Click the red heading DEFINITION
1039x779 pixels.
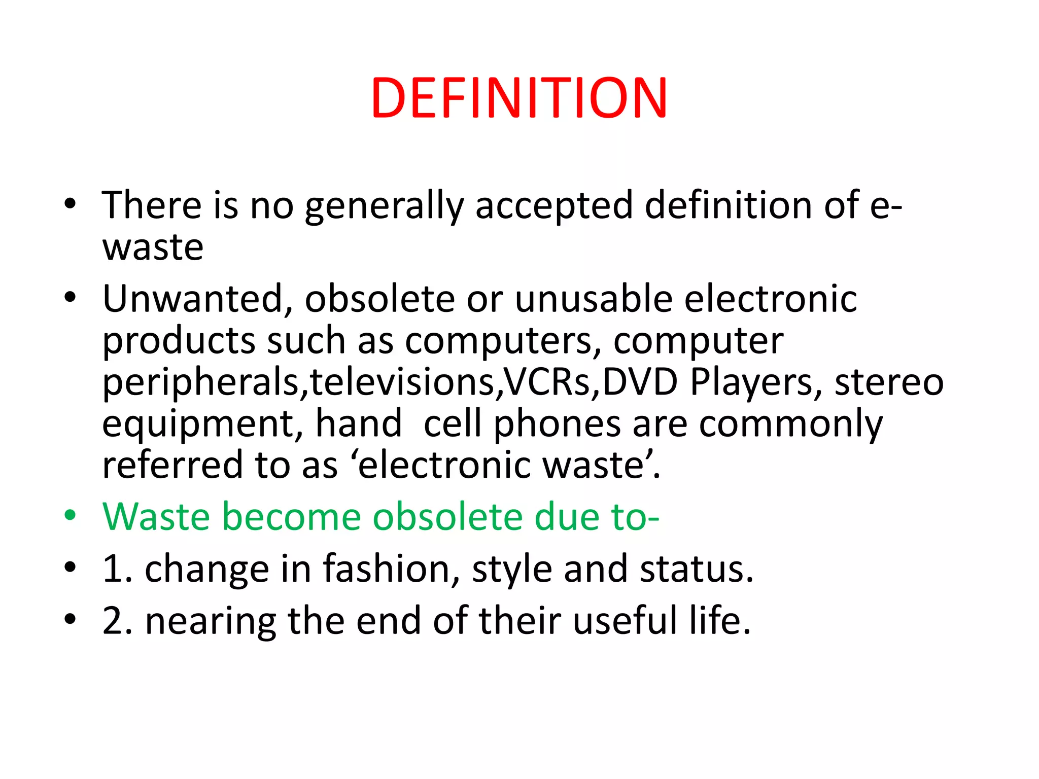[519, 98]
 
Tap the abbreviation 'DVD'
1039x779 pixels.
[640, 382]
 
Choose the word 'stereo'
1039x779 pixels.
[889, 382]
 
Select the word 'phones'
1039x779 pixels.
[557, 424]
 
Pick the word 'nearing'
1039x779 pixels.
[211, 622]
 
